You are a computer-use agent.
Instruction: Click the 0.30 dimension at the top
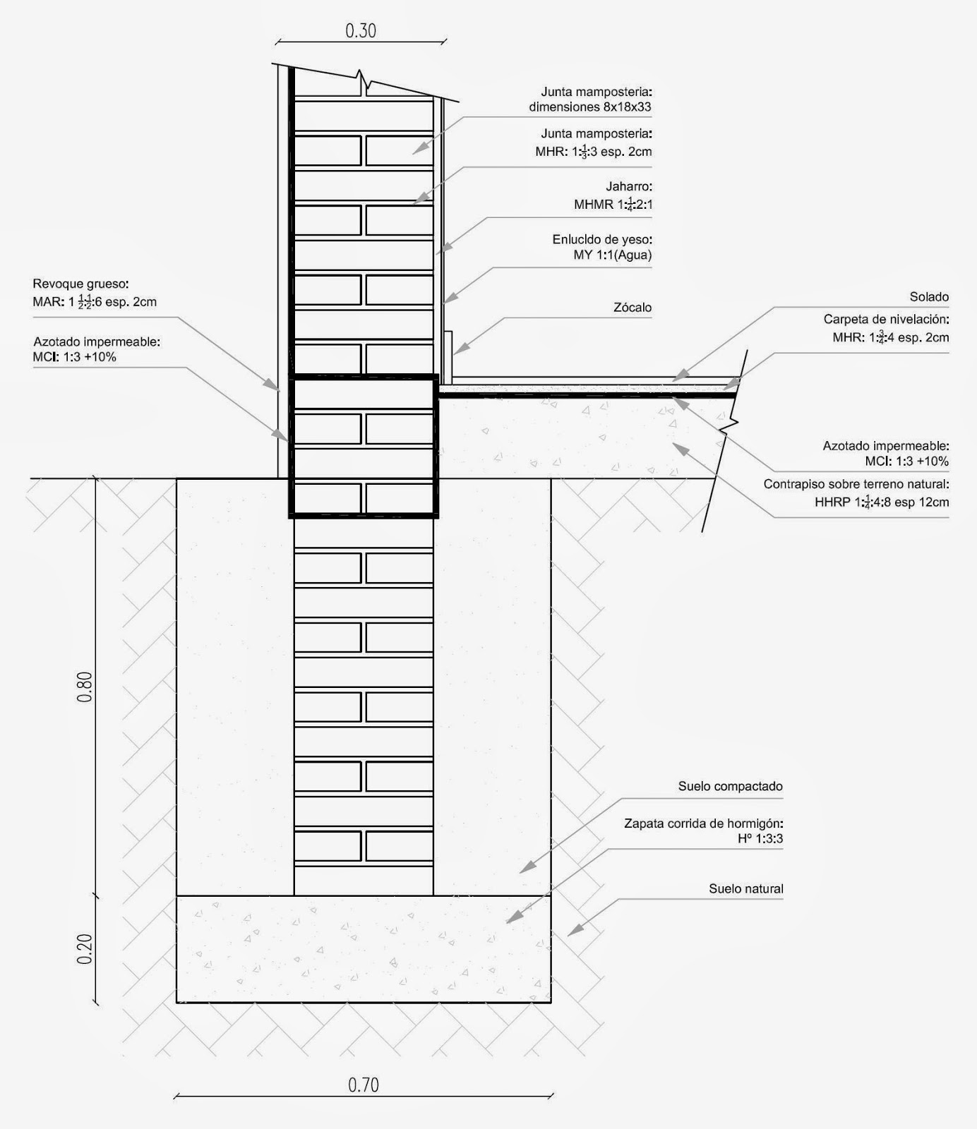pos(361,31)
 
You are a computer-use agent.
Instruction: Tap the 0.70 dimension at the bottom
pos(364,1085)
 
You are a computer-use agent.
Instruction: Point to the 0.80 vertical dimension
pos(85,687)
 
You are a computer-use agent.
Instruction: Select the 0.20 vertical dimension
pos(85,949)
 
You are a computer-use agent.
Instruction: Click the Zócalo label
pos(633,308)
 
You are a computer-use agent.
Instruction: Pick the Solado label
pos(929,297)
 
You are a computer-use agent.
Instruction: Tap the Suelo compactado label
pos(730,786)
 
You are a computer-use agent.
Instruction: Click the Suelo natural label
pos(745,889)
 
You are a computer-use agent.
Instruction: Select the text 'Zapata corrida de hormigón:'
pos(703,823)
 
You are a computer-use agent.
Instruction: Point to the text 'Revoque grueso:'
pos(80,284)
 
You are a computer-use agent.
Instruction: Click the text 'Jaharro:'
pos(629,187)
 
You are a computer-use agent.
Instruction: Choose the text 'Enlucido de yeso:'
pos(601,240)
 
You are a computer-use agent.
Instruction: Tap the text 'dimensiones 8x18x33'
pos(589,107)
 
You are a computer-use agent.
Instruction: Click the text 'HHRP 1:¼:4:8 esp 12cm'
pos(881,502)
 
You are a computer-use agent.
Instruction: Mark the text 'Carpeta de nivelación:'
pos(886,320)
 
